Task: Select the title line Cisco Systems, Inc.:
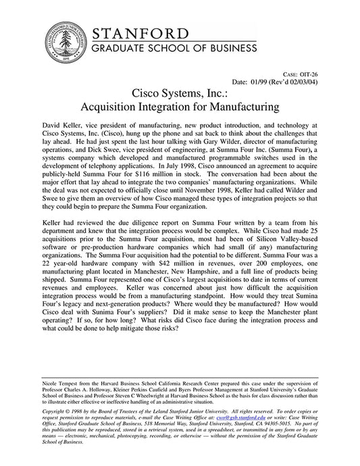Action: click(180, 92)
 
